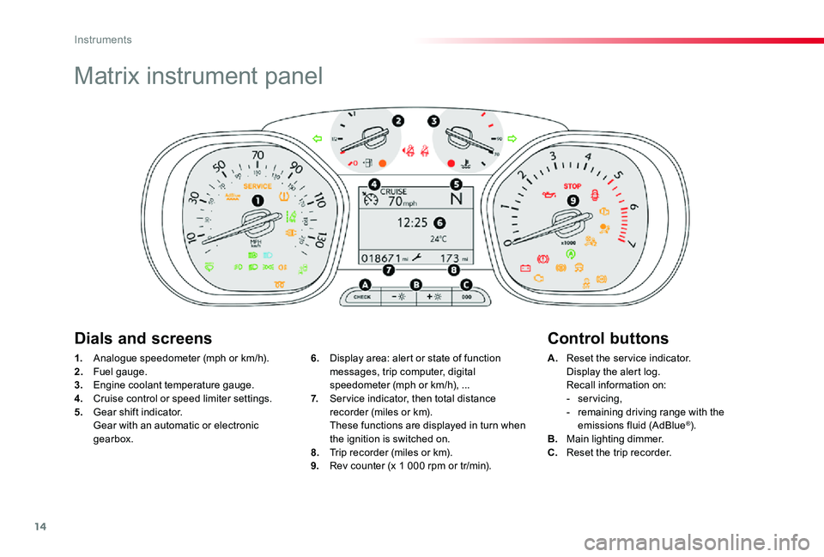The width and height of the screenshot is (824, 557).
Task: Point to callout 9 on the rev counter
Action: (573, 200)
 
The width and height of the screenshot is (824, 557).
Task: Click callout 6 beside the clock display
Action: (427, 222)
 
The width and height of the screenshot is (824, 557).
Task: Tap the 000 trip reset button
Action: (466, 297)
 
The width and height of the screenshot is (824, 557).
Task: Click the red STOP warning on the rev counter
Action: (573, 185)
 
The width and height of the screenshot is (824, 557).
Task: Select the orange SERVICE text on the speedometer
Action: (257, 185)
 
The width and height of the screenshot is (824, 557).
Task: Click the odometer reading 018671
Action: (381, 257)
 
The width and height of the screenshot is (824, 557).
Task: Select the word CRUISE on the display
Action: (394, 191)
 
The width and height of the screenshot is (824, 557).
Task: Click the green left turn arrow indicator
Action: (317, 137)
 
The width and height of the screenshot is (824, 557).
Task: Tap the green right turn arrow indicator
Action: (513, 137)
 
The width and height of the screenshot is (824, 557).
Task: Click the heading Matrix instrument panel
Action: (198, 76)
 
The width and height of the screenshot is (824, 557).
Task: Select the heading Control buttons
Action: (607, 338)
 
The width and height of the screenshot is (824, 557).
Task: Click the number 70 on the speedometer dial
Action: (257, 156)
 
